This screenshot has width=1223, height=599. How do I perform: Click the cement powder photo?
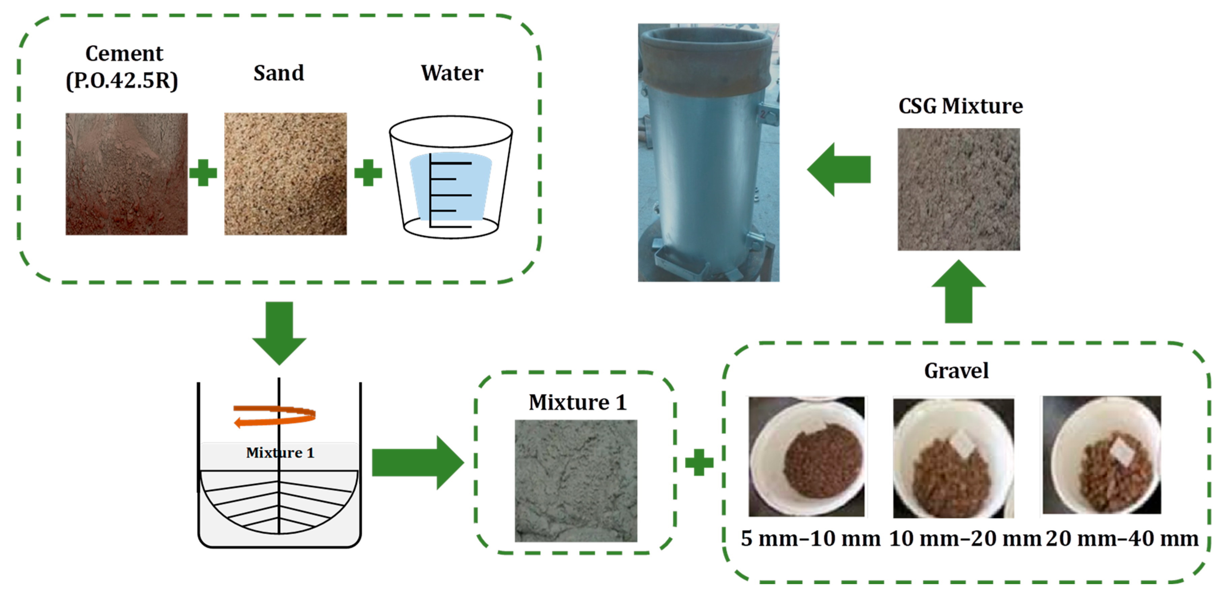click(x=126, y=174)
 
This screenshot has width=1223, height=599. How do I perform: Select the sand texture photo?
click(x=285, y=174)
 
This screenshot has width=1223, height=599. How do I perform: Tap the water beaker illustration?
click(x=451, y=176)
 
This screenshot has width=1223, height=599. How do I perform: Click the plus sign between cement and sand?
click(x=203, y=172)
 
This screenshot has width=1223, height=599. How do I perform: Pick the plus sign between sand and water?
click(x=368, y=172)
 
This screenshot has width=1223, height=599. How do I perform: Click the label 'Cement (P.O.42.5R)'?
click(x=123, y=67)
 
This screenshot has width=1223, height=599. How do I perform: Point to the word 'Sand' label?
click(x=279, y=73)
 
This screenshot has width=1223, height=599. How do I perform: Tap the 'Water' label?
click(x=452, y=73)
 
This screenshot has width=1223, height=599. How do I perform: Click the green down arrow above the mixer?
click(x=279, y=332)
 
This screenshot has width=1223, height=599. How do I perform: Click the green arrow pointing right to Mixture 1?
click(x=417, y=462)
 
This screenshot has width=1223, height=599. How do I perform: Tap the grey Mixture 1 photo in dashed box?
click(x=576, y=480)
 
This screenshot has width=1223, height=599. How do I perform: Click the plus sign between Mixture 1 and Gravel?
click(x=699, y=462)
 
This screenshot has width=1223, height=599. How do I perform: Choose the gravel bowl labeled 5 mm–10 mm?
click(x=807, y=456)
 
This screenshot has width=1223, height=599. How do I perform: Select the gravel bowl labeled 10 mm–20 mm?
click(x=953, y=458)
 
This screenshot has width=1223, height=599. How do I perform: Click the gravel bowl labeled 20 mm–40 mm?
click(x=1101, y=455)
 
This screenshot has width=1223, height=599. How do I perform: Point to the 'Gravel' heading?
click(x=956, y=371)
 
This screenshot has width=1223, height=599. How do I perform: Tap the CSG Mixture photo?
click(x=959, y=189)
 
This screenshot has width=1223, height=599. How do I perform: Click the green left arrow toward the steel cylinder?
click(x=839, y=169)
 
